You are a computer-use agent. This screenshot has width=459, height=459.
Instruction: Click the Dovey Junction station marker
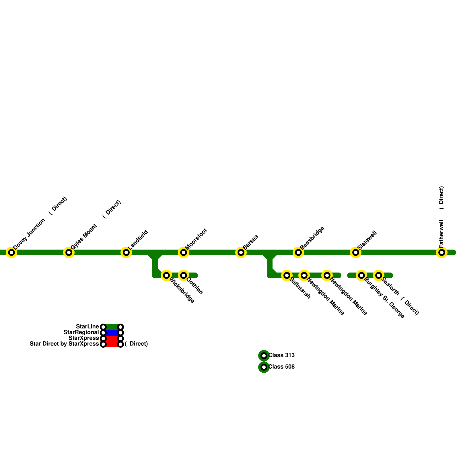(11, 252)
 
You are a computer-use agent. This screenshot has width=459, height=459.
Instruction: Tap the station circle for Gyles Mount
(69, 252)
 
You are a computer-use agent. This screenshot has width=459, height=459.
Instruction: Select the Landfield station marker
(126, 252)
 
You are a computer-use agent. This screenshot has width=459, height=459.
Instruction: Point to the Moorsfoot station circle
(184, 252)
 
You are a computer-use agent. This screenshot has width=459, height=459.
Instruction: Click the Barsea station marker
(241, 252)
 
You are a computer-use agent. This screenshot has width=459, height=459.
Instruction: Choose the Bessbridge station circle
(298, 252)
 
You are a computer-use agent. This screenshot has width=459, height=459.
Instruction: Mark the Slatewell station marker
(356, 252)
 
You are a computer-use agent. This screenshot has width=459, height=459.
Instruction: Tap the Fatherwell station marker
(442, 252)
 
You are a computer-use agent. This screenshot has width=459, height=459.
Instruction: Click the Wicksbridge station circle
(166, 275)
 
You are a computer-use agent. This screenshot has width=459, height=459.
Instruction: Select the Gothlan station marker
(184, 275)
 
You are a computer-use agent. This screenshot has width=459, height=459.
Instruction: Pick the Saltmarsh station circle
(287, 275)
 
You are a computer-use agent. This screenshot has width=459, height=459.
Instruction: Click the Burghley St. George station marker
(361, 275)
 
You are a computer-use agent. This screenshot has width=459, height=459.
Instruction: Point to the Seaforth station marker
(379, 275)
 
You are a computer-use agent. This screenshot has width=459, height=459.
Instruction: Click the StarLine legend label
(87, 327)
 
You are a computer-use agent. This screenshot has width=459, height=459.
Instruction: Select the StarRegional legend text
(81, 332)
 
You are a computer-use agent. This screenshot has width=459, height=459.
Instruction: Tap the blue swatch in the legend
(112, 333)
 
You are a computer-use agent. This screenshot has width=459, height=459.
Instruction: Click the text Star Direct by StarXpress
(64, 344)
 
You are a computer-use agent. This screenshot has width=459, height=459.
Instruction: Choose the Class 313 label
(281, 355)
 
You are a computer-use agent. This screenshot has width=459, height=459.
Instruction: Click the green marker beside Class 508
(264, 367)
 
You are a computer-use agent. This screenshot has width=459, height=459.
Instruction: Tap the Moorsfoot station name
(196, 239)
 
